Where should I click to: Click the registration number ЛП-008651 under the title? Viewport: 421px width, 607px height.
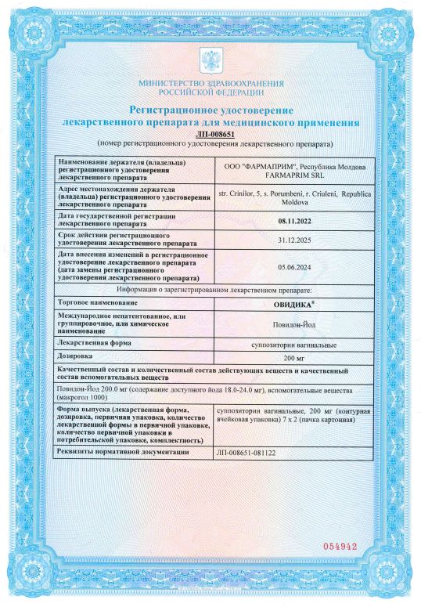click(210, 135)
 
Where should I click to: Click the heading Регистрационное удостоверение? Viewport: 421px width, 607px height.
click(210, 111)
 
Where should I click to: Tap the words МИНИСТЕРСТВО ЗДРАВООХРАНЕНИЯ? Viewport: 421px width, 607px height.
click(210, 83)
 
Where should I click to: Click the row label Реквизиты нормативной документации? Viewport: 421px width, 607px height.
click(124, 453)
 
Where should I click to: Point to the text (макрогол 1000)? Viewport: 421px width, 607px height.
click(83, 397)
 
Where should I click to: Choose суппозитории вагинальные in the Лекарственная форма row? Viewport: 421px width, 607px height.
click(288, 344)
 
